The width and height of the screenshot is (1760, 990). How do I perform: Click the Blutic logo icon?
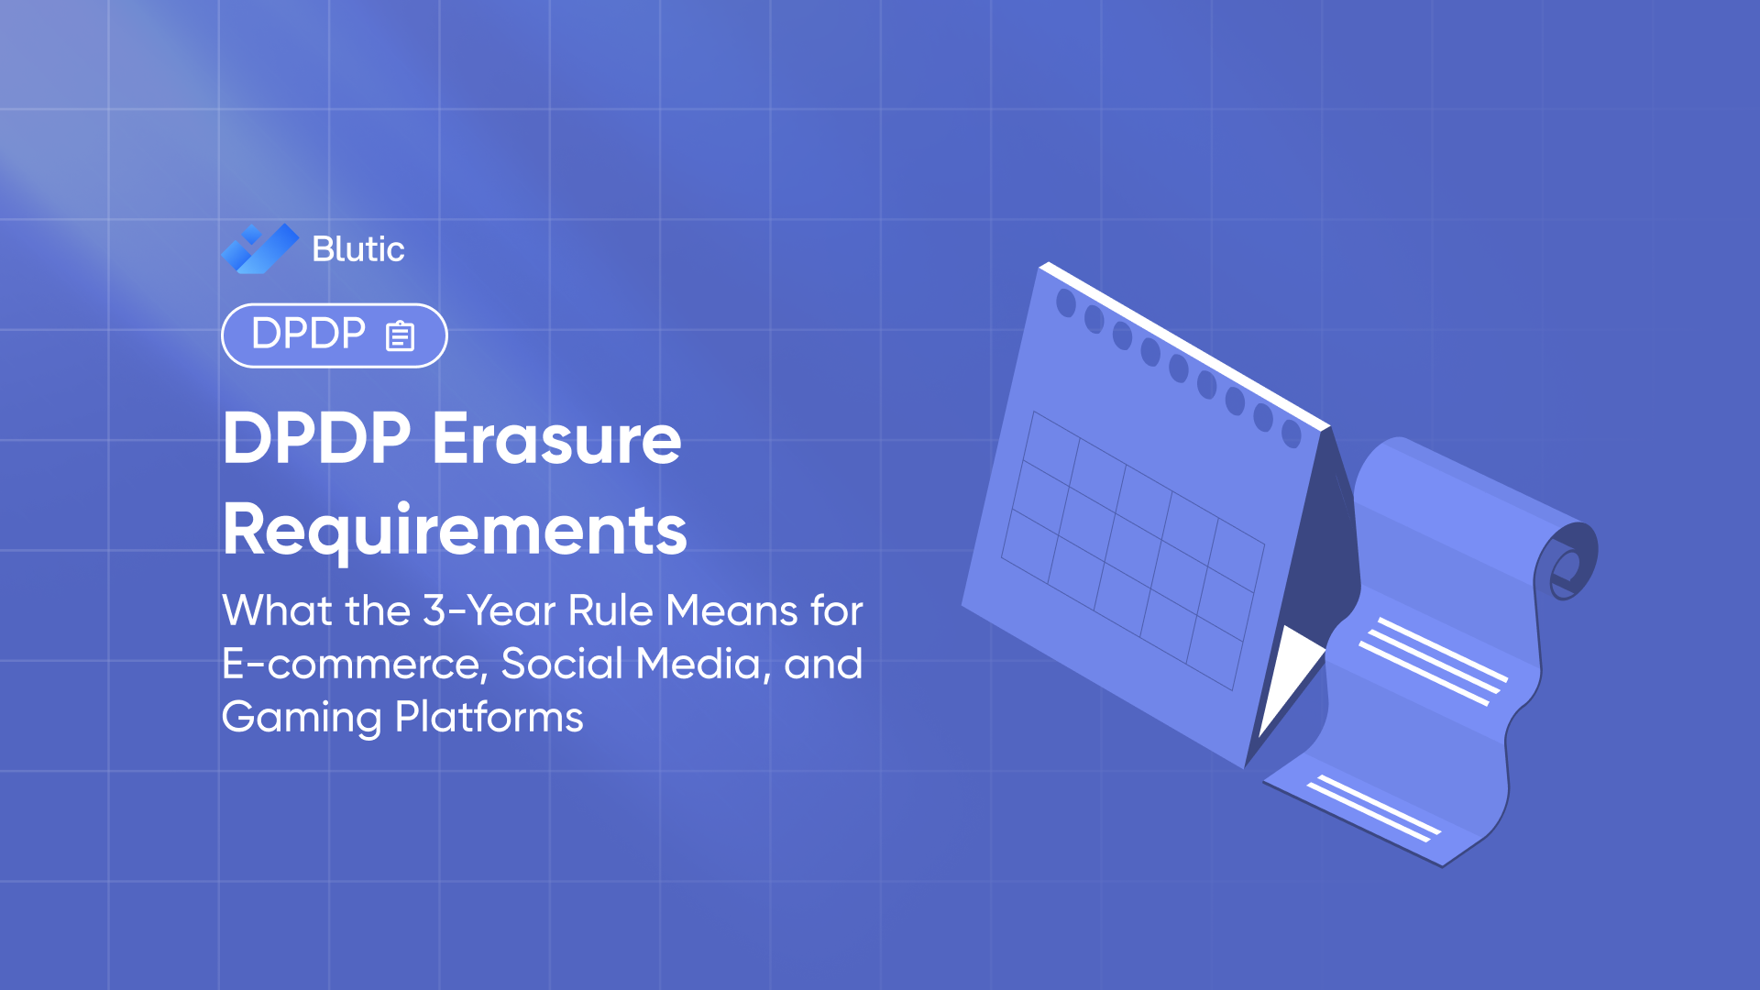[x=259, y=248]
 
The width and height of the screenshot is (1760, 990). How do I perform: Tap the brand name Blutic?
[x=357, y=249]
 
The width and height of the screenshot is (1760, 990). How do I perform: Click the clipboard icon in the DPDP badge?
[x=401, y=335]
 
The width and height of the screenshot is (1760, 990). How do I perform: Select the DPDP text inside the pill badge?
[x=308, y=334]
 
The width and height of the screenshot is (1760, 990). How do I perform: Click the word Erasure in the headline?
[x=556, y=439]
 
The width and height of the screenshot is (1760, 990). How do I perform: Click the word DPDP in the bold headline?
[x=317, y=439]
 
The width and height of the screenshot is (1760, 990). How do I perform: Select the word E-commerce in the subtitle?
[x=354, y=664]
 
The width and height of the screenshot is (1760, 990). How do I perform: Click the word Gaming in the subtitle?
[x=301, y=717]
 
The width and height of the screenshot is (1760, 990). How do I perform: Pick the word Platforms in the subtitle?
[x=489, y=717]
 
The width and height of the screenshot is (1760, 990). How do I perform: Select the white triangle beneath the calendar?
[x=1288, y=674]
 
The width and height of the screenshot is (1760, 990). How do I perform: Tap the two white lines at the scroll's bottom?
[x=1373, y=808]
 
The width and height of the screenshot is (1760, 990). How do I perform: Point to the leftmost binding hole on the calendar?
[x=1066, y=302]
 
